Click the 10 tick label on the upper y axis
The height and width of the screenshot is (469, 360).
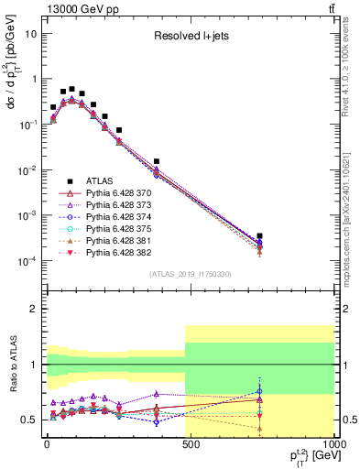tap(31, 33)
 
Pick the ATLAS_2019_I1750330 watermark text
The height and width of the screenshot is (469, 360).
tap(191, 274)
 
